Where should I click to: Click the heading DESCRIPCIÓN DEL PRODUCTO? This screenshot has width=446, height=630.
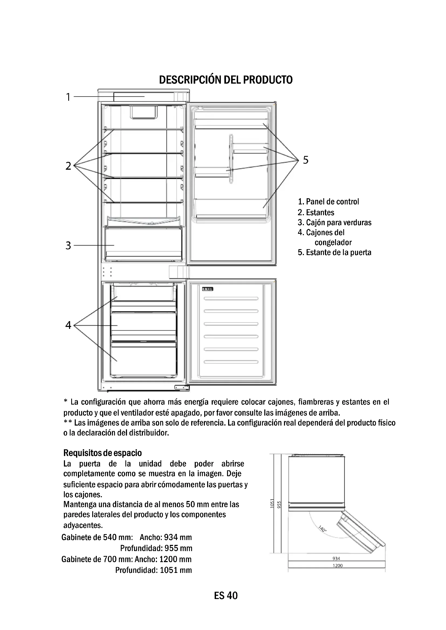pyautogui.click(x=226, y=80)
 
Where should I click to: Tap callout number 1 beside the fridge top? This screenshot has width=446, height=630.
pyautogui.click(x=68, y=97)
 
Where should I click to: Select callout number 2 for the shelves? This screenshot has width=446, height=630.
pyautogui.click(x=68, y=166)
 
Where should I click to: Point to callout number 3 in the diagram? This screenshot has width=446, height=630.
pyautogui.click(x=68, y=246)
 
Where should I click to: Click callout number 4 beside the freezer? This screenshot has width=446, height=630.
pyautogui.click(x=68, y=325)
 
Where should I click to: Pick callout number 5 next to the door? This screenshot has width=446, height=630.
pyautogui.click(x=306, y=160)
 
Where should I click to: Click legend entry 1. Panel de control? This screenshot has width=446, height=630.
pyautogui.click(x=328, y=202)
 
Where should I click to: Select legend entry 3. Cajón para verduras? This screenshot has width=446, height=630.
pyautogui.click(x=334, y=222)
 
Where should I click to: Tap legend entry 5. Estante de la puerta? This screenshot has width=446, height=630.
pyautogui.click(x=334, y=252)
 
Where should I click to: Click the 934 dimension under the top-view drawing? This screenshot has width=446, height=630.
pyautogui.click(x=336, y=558)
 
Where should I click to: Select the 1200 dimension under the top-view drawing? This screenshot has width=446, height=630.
pyautogui.click(x=338, y=566)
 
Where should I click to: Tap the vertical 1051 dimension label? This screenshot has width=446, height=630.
pyautogui.click(x=272, y=503)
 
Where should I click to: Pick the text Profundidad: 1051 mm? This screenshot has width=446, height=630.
pyautogui.click(x=153, y=570)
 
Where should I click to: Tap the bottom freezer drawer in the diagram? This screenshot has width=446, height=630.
pyautogui.click(x=143, y=360)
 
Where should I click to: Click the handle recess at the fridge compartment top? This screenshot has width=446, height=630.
pyautogui.click(x=144, y=112)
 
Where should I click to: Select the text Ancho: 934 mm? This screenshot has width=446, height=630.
pyautogui.click(x=166, y=537)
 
